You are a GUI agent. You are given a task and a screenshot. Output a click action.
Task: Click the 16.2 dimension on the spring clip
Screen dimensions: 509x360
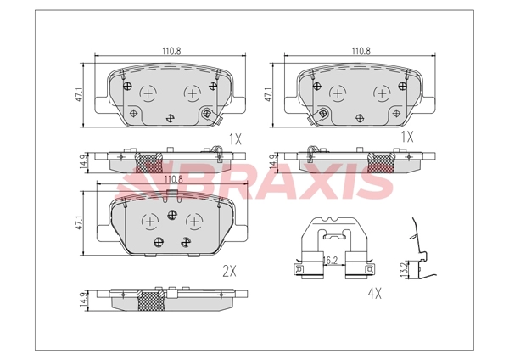(331, 261)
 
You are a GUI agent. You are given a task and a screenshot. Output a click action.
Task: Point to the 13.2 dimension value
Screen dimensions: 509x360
(404, 270)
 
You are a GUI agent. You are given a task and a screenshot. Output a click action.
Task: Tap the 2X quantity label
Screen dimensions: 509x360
(230, 271)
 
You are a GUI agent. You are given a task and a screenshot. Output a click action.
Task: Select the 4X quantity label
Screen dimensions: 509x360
(375, 294)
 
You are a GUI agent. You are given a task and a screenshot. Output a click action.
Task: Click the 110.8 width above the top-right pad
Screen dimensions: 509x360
(361, 51)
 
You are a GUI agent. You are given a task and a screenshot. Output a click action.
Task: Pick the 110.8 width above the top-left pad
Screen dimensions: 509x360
(171, 51)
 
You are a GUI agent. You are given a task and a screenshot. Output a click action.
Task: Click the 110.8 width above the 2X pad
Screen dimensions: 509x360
(174, 179)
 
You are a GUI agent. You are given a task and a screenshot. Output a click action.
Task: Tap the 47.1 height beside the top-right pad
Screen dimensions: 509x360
(268, 94)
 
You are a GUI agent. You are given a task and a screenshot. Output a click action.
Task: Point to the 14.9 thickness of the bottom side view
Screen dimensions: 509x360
(83, 301)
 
